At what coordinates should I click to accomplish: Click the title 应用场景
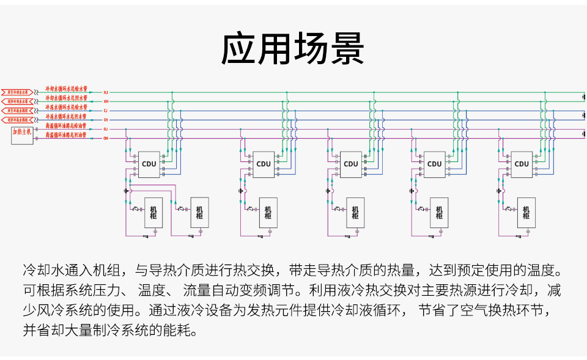pyautogui.click(x=293, y=48)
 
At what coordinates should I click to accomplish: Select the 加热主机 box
pyautogui.click(x=22, y=135)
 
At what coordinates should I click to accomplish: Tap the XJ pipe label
pyautogui.click(x=106, y=92)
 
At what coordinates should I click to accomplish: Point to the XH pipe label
pyautogui.click(x=106, y=101)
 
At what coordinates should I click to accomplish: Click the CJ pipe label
pyautogui.click(x=106, y=111)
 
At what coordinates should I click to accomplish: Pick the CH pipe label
pyautogui.click(x=106, y=120)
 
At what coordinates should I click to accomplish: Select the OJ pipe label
pyautogui.click(x=106, y=130)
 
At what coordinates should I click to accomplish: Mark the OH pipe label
pyautogui.click(x=106, y=139)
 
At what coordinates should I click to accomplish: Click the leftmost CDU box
pyautogui.click(x=149, y=164)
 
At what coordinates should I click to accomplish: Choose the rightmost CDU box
pyautogui.click(x=522, y=164)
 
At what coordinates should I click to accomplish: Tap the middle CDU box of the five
pyautogui.click(x=350, y=164)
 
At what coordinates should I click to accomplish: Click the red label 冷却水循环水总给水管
pyautogui.click(x=66, y=89)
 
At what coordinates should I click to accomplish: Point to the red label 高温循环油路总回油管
pyautogui.click(x=66, y=134)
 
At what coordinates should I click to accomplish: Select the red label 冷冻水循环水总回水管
pyautogui.click(x=66, y=116)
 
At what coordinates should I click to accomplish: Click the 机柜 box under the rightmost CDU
pyautogui.click(x=526, y=213)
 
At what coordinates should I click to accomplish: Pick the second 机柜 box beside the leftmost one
pyautogui.click(x=199, y=213)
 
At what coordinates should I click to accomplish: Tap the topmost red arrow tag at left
pyautogui.click(x=18, y=92)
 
